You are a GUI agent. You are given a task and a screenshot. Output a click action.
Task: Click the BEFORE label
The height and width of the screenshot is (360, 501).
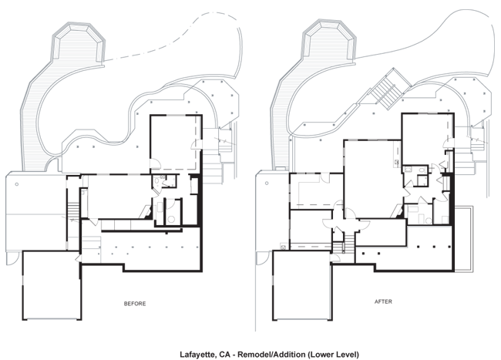(135, 304)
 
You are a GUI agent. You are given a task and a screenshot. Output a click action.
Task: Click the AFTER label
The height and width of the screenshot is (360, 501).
(383, 301)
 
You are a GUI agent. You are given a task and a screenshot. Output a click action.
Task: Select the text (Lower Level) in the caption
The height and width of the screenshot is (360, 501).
(333, 355)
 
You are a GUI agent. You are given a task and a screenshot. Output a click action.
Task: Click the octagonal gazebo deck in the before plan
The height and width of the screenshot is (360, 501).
(79, 43)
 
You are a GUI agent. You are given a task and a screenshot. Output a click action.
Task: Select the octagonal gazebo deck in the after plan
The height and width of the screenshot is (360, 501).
(329, 42)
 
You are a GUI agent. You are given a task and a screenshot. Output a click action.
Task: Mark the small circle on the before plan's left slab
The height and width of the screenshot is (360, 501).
(17, 184)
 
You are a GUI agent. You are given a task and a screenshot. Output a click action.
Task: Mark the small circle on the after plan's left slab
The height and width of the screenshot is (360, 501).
(267, 183)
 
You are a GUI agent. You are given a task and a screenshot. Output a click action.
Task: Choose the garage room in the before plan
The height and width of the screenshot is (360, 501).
(52, 285)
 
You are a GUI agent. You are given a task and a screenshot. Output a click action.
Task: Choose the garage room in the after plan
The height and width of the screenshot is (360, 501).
(302, 285)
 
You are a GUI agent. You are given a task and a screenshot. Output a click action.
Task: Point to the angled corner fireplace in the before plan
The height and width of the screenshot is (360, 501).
(146, 211)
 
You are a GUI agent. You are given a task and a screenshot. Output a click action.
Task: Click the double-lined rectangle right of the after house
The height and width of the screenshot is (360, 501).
(463, 239)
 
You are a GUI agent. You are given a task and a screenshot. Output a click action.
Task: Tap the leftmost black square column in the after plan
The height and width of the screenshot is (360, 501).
(365, 254)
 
